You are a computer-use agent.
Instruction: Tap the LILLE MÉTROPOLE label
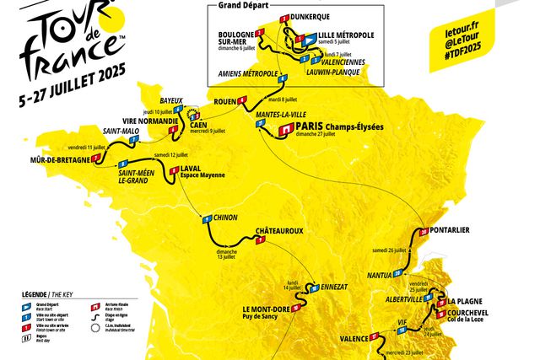click(x=346, y=35)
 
